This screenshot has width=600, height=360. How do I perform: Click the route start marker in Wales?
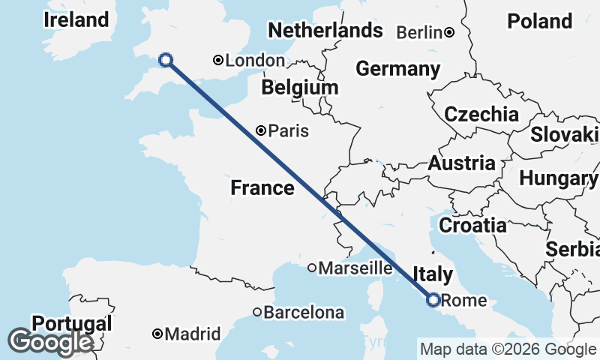(x=166, y=60)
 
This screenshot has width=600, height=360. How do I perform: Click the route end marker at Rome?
(x=433, y=300)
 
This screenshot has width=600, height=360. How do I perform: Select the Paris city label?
(x=289, y=131)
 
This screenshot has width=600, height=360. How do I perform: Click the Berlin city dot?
(x=448, y=32)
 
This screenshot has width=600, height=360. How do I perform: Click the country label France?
(x=262, y=187)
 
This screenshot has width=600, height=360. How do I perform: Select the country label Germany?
(x=397, y=69)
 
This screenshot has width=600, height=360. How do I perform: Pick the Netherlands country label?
(x=325, y=31)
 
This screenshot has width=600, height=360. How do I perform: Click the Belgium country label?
(x=300, y=88)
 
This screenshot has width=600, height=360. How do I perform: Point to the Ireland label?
(x=76, y=20)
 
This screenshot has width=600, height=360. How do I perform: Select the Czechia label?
(x=481, y=115)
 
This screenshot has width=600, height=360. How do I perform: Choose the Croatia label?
(x=472, y=225)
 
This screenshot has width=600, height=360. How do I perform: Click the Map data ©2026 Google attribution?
(x=507, y=349)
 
